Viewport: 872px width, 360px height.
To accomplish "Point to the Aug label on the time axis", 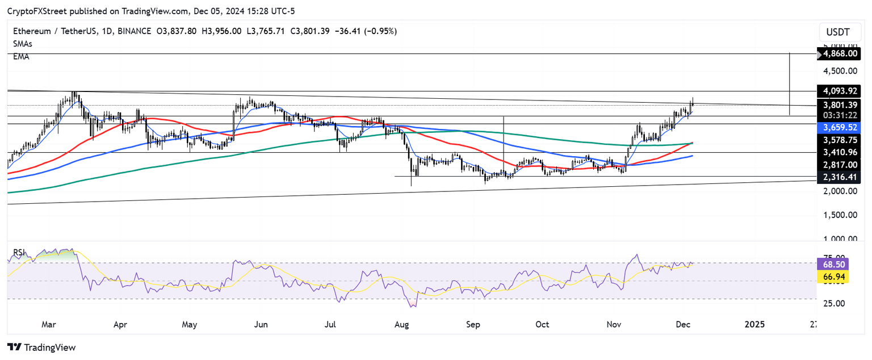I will click(x=401, y=325).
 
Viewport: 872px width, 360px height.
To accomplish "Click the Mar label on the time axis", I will click(x=48, y=325).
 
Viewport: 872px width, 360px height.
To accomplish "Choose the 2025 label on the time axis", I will click(x=754, y=325).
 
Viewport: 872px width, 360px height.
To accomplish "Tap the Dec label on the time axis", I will click(x=684, y=325).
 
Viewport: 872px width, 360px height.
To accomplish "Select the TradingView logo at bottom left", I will click(x=41, y=347).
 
